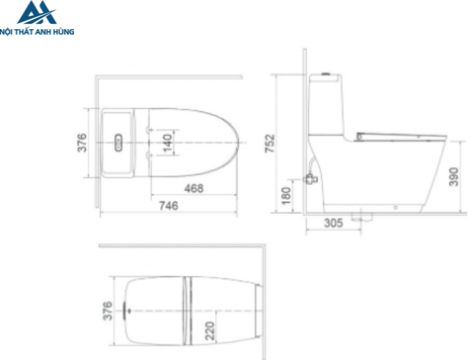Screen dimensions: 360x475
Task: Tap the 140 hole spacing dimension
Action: (x=168, y=143)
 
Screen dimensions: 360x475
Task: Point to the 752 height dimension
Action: (x=269, y=143)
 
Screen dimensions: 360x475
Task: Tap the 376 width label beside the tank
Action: (x=82, y=143)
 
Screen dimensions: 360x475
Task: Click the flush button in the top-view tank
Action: (x=119, y=143)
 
